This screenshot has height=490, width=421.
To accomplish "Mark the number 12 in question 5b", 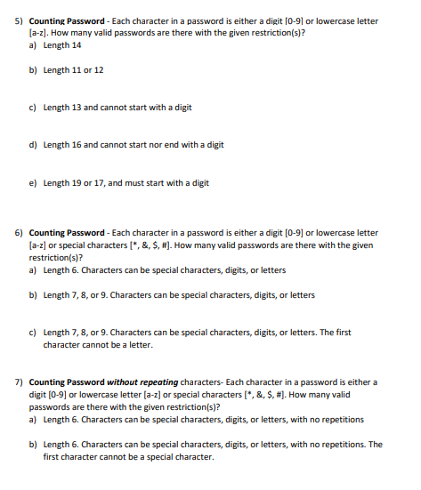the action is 98,70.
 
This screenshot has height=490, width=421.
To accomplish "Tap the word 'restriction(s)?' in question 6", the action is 55,257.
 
